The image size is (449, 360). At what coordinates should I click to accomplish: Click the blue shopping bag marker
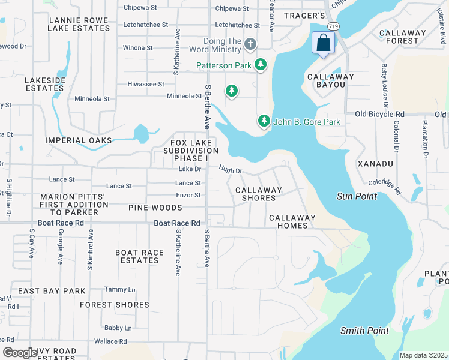pyautogui.click(x=323, y=43)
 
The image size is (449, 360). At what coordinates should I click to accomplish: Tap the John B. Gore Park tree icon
pyautogui.click(x=264, y=121)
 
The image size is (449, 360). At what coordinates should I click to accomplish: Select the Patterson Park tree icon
pyautogui.click(x=260, y=64)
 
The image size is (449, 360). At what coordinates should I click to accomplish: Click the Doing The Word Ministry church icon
pyautogui.click(x=250, y=44)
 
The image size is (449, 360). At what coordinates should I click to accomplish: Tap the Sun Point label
pyautogui.click(x=357, y=196)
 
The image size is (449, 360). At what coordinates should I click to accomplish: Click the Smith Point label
pyautogui.click(x=364, y=331)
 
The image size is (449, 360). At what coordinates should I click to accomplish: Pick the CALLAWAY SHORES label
pyautogui.click(x=258, y=194)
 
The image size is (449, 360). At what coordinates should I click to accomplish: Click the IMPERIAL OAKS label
pyautogui.click(x=79, y=140)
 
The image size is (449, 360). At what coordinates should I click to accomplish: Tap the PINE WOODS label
pyautogui.click(x=155, y=208)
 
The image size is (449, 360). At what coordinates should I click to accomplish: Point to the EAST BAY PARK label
pyautogui.click(x=52, y=291)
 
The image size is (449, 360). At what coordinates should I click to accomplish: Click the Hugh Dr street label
pyautogui.click(x=230, y=170)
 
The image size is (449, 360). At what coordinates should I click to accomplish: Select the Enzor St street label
pyautogui.click(x=188, y=195)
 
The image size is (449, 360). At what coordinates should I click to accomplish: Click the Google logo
pyautogui.click(x=19, y=353)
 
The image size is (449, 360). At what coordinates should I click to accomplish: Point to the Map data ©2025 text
pyautogui.click(x=423, y=355)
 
